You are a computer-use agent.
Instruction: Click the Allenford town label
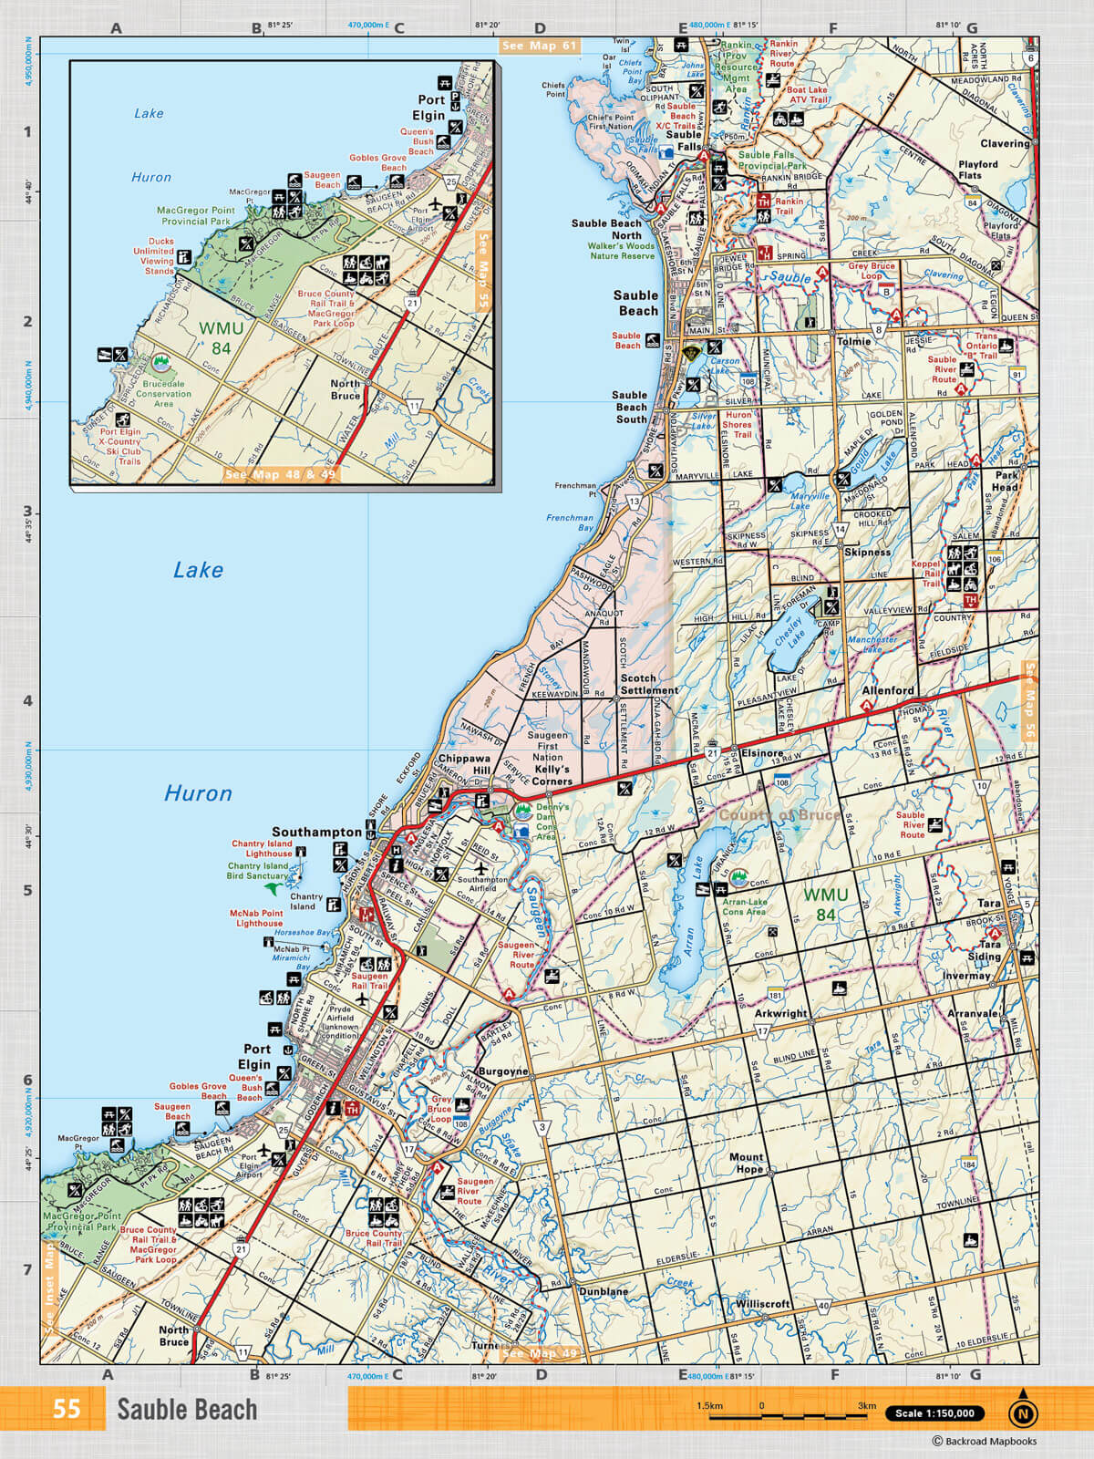[887, 690]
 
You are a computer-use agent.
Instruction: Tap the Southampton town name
[316, 832]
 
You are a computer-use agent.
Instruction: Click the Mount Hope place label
[746, 1163]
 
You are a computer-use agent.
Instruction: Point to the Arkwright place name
[780, 1013]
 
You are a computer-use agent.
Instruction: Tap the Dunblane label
[603, 1291]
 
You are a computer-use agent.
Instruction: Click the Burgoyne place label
[502, 1071]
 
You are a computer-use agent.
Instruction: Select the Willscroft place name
[763, 1304]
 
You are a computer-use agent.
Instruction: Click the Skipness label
[867, 552]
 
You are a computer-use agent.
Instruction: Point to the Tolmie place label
[853, 341]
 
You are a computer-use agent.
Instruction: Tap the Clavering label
[1004, 143]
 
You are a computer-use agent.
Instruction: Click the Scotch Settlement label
[648, 684]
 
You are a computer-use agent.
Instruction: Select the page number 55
[66, 1409]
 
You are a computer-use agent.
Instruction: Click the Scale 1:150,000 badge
[934, 1413]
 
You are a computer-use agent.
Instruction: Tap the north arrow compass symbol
[1023, 1411]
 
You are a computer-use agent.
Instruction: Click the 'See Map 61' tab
[539, 46]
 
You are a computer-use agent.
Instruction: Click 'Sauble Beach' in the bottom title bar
[187, 1410]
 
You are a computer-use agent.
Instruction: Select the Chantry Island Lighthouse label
[262, 849]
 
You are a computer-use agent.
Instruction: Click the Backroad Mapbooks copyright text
[984, 1442]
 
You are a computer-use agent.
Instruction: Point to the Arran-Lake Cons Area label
[744, 906]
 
